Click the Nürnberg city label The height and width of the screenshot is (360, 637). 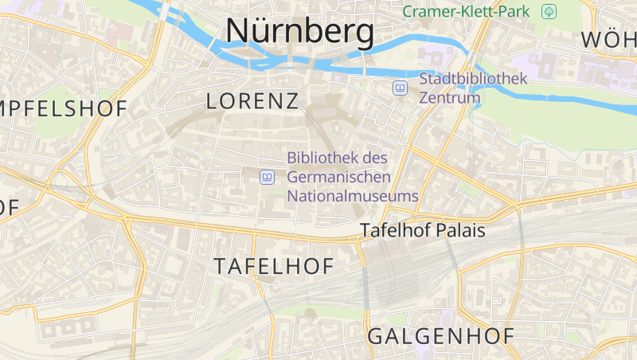pos(299,32)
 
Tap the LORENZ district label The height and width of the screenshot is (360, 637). pos(252,101)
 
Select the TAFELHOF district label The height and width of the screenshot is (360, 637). pos(273,267)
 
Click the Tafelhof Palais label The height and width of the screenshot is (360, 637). pos(422,230)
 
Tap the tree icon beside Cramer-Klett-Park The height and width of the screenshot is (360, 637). pos(549,11)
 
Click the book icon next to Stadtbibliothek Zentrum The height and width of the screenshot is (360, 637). pos(401,88)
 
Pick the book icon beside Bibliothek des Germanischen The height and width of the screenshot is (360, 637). pos(268,177)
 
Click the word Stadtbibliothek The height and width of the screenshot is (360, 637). pos(474,79)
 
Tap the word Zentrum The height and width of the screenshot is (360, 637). pos(450,98)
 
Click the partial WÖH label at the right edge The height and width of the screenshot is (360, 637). pos(609,39)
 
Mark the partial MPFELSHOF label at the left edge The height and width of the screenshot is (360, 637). pos(64,110)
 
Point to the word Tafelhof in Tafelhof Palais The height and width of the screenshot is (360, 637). pos(394,230)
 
